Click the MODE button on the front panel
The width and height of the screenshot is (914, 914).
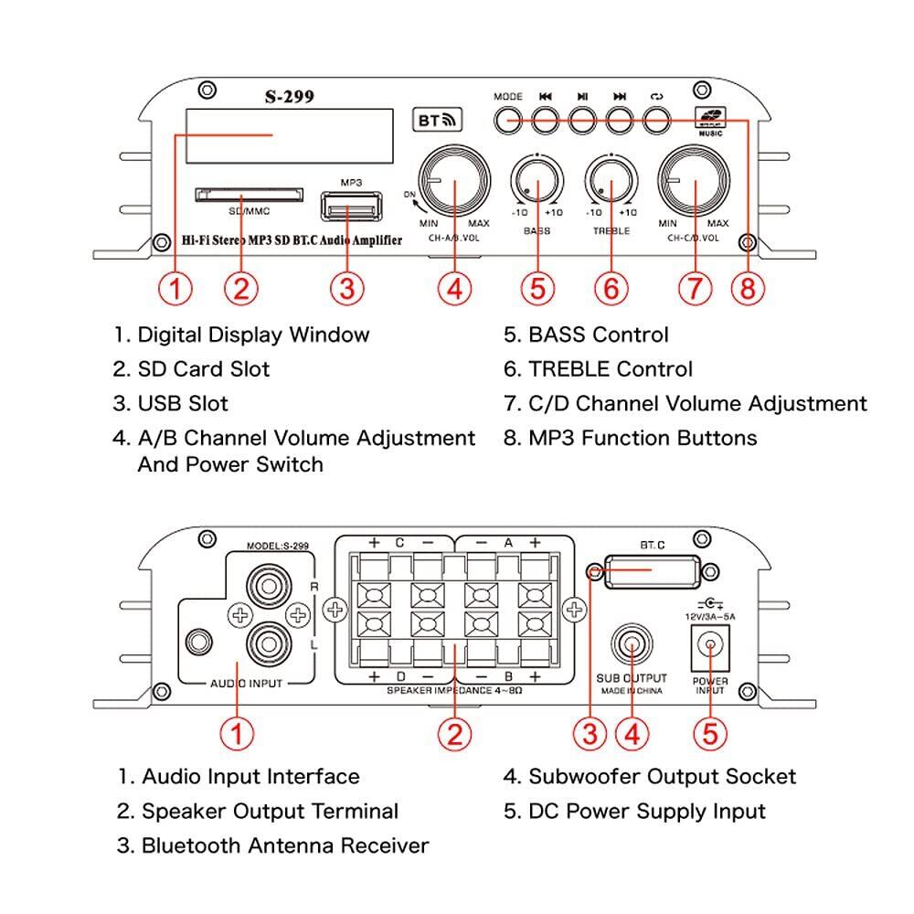click(x=507, y=121)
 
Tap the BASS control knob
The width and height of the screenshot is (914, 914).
click(x=537, y=181)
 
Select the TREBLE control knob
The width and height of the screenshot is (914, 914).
click(x=611, y=181)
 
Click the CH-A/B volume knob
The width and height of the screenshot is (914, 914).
click(x=454, y=181)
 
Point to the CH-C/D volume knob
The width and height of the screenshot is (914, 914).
click(x=695, y=181)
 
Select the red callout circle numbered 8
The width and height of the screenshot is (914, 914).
click(x=747, y=288)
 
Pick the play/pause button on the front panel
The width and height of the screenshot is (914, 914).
click(x=582, y=121)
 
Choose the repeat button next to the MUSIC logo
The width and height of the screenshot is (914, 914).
click(x=656, y=121)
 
